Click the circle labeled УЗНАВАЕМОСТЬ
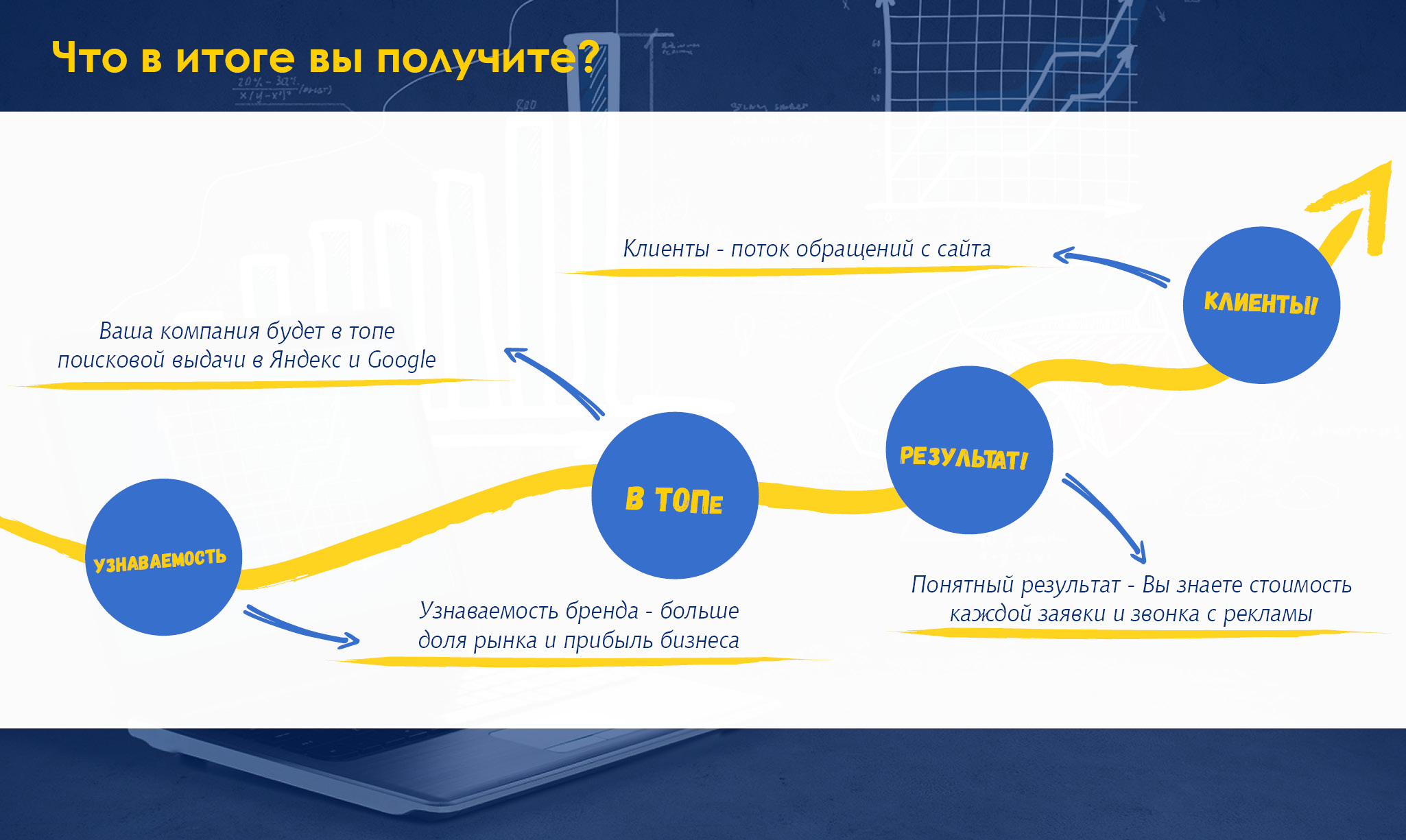(163, 557)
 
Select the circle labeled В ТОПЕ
(675, 495)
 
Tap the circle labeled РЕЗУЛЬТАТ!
(968, 450)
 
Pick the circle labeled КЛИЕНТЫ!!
(1261, 304)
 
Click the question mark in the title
(588, 58)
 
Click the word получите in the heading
(476, 59)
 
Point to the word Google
(401, 360)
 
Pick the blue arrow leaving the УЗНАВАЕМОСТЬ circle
(302, 626)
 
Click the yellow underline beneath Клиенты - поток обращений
(789, 272)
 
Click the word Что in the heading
(89, 58)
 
